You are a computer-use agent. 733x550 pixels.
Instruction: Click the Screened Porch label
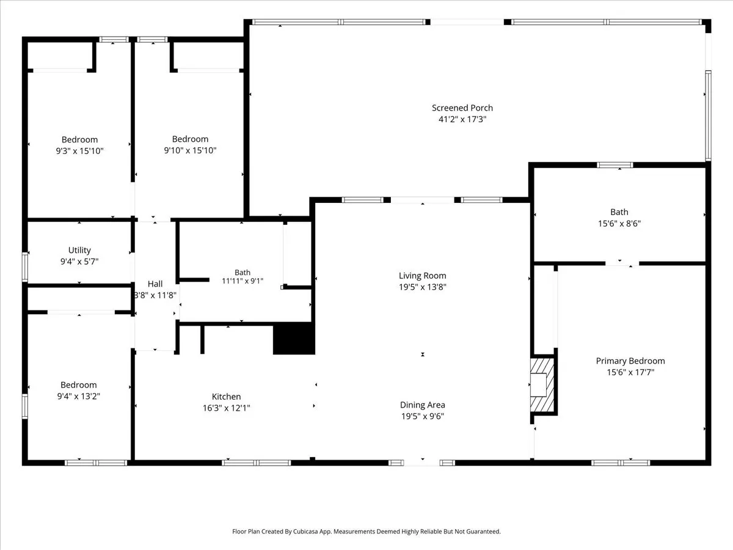462,108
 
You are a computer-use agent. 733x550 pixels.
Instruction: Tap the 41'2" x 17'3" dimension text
462,119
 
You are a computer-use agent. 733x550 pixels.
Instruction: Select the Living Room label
423,276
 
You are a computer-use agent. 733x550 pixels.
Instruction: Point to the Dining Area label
423,405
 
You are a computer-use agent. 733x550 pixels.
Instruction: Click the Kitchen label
226,397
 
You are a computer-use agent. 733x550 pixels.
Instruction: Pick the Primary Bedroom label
630,361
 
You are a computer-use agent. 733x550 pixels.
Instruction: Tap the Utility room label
79,250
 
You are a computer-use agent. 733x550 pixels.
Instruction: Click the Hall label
155,284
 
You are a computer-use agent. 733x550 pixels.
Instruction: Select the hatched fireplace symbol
542,385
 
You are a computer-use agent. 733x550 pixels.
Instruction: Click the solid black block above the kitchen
294,339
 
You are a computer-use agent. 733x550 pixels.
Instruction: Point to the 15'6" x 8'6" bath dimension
619,224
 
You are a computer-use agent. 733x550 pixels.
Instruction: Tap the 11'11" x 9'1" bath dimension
243,281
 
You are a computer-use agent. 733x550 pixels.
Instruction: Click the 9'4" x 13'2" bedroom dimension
78,396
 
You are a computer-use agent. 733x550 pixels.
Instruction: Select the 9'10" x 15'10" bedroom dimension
190,150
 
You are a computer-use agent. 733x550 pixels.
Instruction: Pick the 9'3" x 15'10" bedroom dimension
79,151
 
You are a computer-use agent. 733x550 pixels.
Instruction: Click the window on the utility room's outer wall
25,266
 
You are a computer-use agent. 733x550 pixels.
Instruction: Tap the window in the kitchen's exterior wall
256,463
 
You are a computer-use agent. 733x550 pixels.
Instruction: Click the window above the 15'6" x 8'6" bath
614,165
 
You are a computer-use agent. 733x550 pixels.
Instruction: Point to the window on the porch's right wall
708,116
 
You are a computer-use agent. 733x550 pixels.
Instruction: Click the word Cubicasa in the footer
306,531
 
